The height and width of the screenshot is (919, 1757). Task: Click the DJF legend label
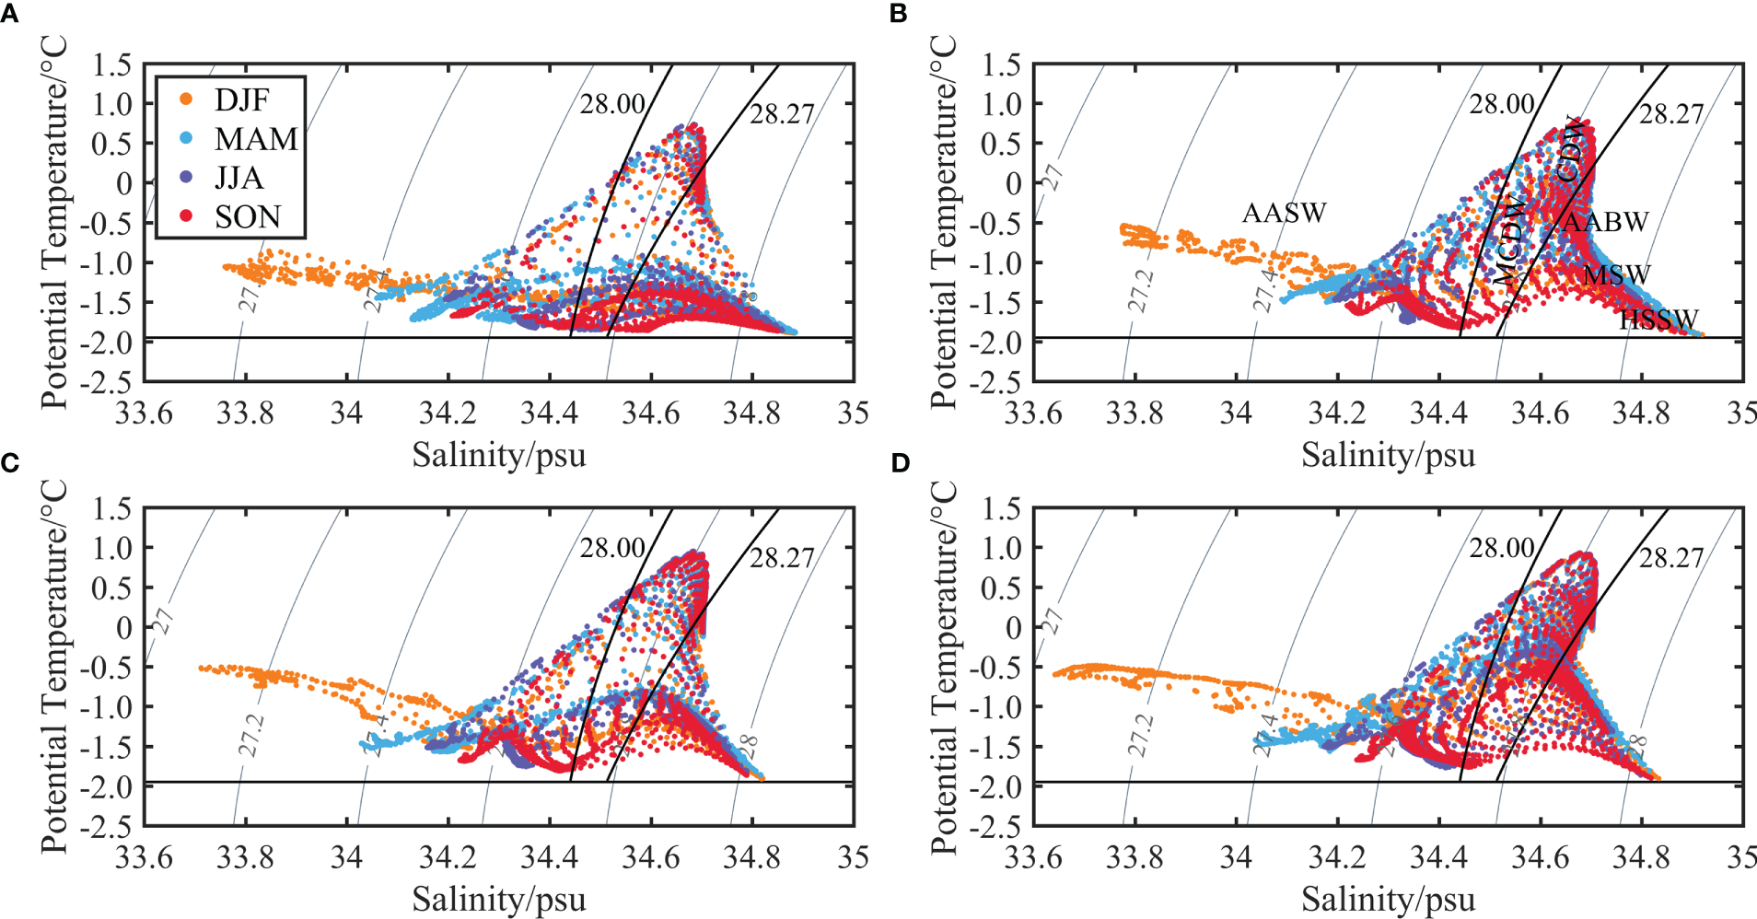pos(240,99)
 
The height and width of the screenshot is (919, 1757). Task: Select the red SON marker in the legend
pos(186,216)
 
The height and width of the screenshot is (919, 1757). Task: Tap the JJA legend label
pos(239,178)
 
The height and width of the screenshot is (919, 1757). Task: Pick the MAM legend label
pos(256,139)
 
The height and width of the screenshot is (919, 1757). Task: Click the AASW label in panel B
pos(1284,213)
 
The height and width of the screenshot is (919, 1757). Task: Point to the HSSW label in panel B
pos(1658,320)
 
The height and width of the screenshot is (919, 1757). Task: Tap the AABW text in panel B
pos(1605,222)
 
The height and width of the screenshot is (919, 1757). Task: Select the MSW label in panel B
pos(1617,274)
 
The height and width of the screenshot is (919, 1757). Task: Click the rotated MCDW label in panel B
pos(1507,240)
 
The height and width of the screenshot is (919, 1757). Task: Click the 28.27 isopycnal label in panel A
pos(782,114)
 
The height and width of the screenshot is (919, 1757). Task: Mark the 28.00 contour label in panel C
pos(612,549)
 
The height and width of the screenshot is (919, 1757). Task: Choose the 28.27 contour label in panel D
pos(1671,558)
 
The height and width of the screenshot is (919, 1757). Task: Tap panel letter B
pos(899,13)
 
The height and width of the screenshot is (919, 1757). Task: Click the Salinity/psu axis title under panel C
pos(498,899)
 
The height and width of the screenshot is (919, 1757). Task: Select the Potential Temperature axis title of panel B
pos(943,222)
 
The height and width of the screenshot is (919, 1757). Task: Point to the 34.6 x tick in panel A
pos(650,413)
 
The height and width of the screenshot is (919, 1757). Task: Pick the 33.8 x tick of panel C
pos(245,858)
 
